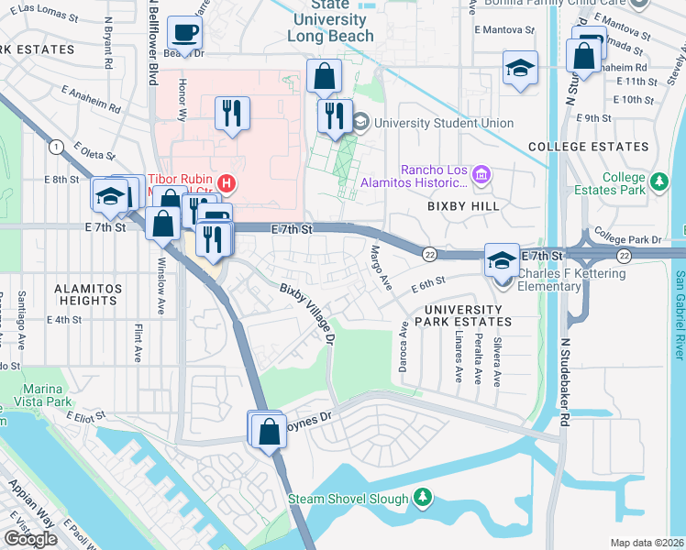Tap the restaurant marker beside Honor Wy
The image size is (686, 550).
click(232, 113)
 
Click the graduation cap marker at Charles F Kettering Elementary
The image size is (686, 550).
click(502, 259)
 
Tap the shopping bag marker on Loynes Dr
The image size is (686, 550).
click(269, 431)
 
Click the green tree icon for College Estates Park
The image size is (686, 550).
click(658, 183)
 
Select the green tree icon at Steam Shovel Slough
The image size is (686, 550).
click(422, 499)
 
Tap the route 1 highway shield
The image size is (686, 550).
click(56, 147)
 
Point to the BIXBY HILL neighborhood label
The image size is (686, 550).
click(463, 206)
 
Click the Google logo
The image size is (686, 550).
click(31, 539)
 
